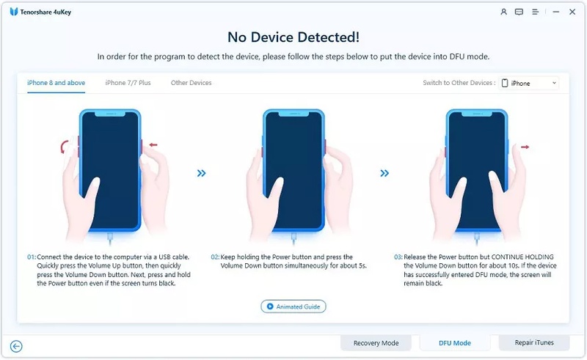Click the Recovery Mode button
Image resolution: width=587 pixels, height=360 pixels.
(x=376, y=342)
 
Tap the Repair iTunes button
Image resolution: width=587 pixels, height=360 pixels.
(x=533, y=342)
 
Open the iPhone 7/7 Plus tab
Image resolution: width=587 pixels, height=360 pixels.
(x=128, y=83)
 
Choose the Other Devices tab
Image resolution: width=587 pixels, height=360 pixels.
(x=191, y=83)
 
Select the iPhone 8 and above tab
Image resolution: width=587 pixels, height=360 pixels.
(x=56, y=83)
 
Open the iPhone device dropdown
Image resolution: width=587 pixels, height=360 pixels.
(x=529, y=83)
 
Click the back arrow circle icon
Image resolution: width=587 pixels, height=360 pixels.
(x=16, y=346)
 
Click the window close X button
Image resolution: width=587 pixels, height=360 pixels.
(x=571, y=12)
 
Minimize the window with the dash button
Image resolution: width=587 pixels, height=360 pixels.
(x=554, y=12)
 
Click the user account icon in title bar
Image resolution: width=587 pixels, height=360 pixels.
(x=503, y=12)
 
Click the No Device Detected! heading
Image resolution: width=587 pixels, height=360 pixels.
(x=293, y=36)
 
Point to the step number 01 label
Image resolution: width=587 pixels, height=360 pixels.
(x=32, y=257)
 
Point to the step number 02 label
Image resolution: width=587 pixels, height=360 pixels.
(x=215, y=257)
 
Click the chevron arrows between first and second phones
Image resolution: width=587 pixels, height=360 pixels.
(x=201, y=173)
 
